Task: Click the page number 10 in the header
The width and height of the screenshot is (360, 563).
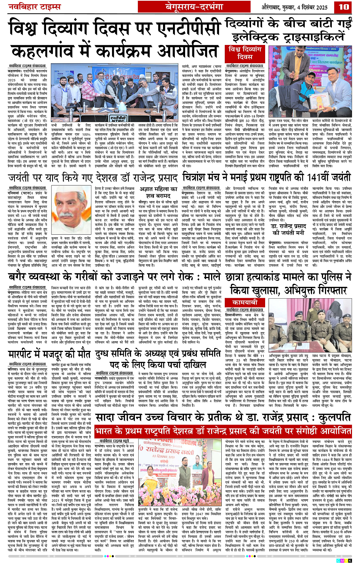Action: click(344, 6)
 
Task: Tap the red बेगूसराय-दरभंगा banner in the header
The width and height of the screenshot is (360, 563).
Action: click(194, 7)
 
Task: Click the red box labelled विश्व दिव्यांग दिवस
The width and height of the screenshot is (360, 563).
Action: click(245, 53)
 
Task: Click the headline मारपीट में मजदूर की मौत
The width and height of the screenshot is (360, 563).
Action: click(50, 355)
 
